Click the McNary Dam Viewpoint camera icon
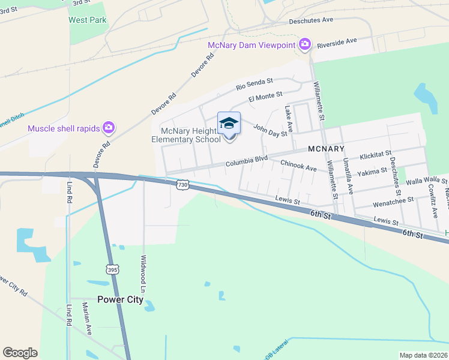(305, 44)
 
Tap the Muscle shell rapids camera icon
(109, 127)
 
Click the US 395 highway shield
(113, 269)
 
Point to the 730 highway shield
(183, 185)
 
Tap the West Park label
(87, 20)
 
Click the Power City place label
(121, 299)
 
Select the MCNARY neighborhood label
(326, 148)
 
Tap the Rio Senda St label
(255, 83)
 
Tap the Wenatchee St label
(393, 201)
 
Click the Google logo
(20, 353)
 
